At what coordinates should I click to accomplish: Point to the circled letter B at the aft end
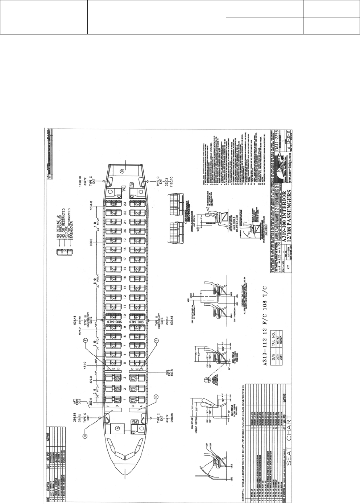click(x=123, y=170)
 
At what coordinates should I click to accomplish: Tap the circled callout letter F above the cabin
click(x=86, y=340)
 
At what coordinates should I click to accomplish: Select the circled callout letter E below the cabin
click(x=156, y=340)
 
